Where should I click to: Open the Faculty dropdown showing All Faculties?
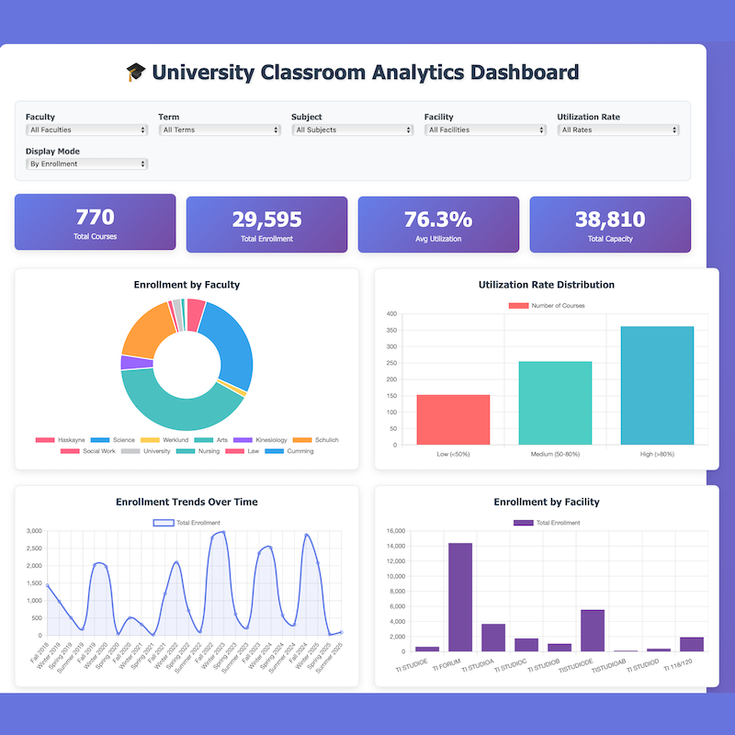coord(86,130)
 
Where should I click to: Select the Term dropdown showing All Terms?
coord(220,130)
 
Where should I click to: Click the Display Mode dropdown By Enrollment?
coord(86,164)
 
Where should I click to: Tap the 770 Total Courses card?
coord(95,222)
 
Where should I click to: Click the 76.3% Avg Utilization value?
coord(438,220)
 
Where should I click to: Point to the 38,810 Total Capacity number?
coord(610,220)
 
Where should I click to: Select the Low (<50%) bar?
coord(453,420)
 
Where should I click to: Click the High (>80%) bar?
coord(657,386)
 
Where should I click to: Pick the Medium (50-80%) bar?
coord(555,403)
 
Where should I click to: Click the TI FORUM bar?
coord(460,597)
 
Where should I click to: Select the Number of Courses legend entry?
coord(547,305)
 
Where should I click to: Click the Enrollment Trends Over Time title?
coord(187,502)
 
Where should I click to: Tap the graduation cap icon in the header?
coord(135,73)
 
